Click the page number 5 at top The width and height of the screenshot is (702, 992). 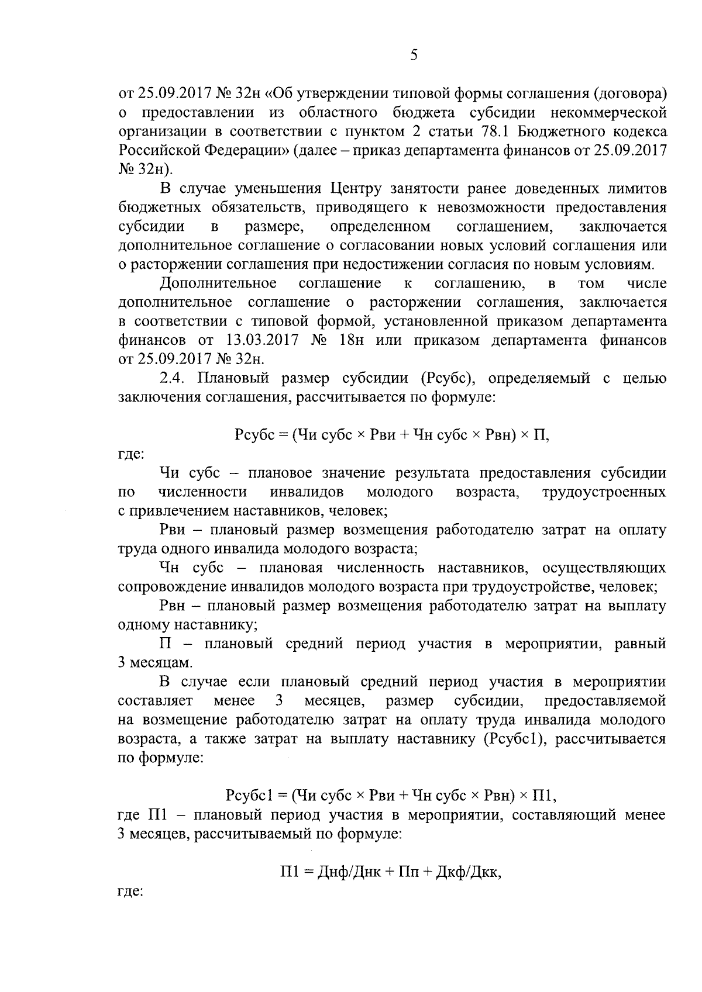[414, 56]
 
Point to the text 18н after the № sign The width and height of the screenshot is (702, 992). [352, 340]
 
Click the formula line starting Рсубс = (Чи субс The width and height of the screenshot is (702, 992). [391, 435]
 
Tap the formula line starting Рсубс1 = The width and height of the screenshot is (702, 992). [391, 796]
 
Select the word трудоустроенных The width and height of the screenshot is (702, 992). [604, 492]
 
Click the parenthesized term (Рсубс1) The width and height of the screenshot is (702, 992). [515, 738]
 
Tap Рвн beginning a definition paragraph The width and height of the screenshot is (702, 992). [173, 606]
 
